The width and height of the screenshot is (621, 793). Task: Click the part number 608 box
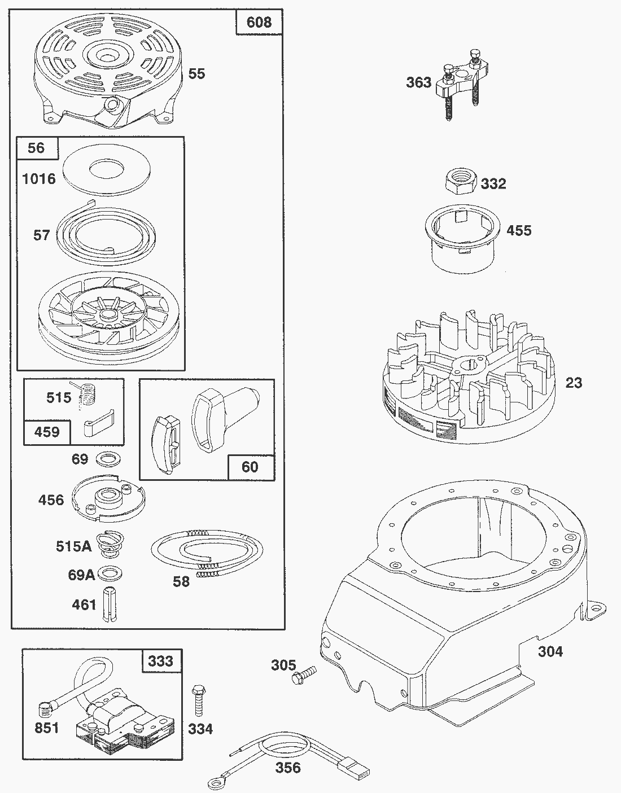259,22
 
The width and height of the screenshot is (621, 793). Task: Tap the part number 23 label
574,383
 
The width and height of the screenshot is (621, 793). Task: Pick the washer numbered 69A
110,574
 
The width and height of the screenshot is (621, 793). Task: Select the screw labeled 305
304,676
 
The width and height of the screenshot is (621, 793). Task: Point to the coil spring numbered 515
86,394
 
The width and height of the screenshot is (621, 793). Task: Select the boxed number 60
250,467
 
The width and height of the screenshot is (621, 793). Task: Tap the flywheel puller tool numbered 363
461,84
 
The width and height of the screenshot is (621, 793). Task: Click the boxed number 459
47,432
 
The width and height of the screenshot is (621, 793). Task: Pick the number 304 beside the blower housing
550,651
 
